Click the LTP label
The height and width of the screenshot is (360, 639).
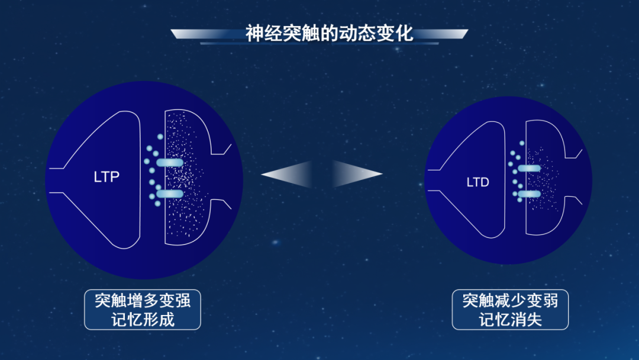pyautogui.click(x=106, y=176)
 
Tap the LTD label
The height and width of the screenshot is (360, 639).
pyautogui.click(x=477, y=182)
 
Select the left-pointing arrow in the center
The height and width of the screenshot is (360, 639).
pyautogui.click(x=287, y=174)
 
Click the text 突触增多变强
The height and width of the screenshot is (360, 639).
pyautogui.click(x=143, y=300)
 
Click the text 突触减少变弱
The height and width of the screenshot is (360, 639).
pyautogui.click(x=510, y=300)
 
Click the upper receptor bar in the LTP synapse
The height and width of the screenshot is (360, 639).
pyautogui.click(x=169, y=163)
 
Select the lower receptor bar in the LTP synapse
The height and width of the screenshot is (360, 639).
pyautogui.click(x=169, y=194)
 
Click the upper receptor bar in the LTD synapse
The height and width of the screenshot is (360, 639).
pyautogui.click(x=528, y=168)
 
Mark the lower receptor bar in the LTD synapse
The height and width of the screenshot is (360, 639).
pyautogui.click(x=528, y=194)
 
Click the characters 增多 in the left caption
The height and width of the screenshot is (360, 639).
pyautogui.click(x=143, y=300)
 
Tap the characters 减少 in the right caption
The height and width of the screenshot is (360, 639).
pyautogui.click(x=510, y=300)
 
